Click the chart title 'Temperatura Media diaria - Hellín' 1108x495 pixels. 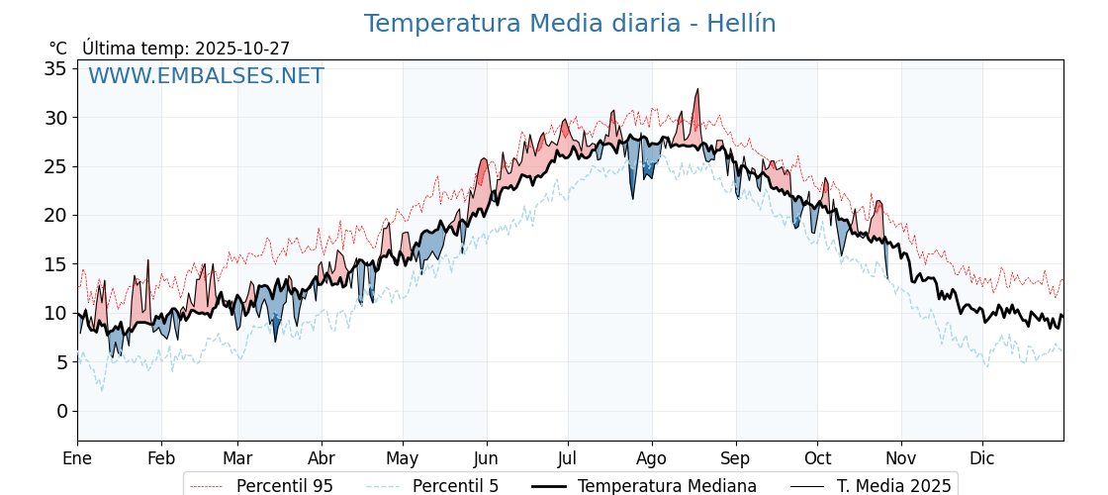coord(569,24)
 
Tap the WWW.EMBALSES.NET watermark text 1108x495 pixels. coord(206,76)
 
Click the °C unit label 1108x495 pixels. coord(57,49)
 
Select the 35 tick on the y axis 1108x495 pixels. coord(55,68)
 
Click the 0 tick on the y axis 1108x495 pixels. coord(61,411)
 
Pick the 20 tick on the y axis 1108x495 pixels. coord(55,215)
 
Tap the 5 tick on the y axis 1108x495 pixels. coord(61,362)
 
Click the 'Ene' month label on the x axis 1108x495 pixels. coord(77,458)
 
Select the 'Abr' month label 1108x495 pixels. coord(322,458)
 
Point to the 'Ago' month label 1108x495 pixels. coord(652,458)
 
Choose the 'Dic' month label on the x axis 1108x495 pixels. coord(982,458)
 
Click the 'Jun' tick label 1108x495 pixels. coord(486,458)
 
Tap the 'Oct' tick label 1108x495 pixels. coord(817,458)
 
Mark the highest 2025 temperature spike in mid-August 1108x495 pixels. coord(697,90)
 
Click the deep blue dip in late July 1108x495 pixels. coord(633,197)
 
